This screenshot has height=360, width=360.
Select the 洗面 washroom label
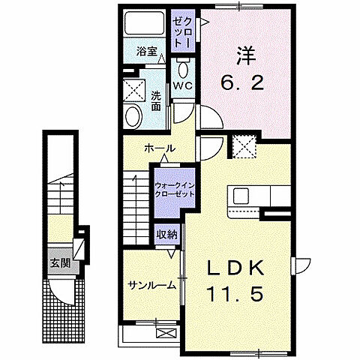tap(156, 100)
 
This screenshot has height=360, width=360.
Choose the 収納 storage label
tap(168, 234)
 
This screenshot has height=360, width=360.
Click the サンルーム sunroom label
tap(151, 284)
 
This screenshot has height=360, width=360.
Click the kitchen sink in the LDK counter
tap(242, 196)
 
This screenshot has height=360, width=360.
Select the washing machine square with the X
tap(135, 89)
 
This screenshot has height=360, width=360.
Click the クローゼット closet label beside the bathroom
tap(182, 32)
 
